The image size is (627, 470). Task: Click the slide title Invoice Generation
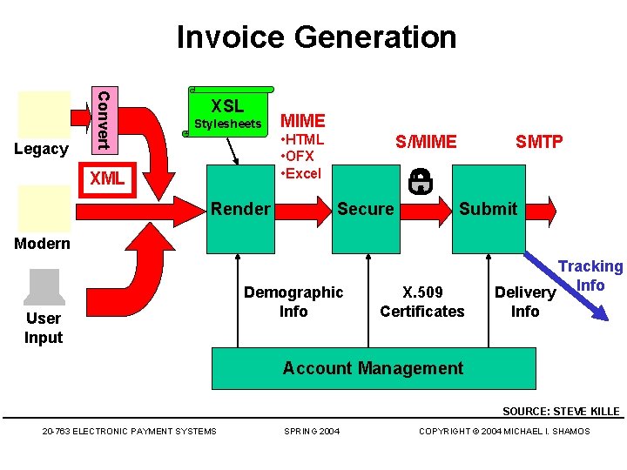[316, 37]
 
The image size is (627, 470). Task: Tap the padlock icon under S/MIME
[421, 180]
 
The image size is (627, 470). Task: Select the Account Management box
[373, 368]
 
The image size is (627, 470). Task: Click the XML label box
[108, 179]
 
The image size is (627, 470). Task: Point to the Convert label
[103, 119]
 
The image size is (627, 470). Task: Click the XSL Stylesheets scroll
[227, 113]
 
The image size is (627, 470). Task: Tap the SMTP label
[539, 142]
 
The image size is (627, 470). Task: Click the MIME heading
[303, 121]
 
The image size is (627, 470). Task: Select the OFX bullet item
[301, 157]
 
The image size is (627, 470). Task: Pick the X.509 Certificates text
[422, 302]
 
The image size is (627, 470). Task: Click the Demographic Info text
[293, 302]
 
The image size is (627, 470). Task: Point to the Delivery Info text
[525, 302]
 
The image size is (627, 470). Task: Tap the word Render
[240, 209]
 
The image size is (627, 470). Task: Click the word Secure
[366, 209]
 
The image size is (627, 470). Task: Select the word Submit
[488, 209]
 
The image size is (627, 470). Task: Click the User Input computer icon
[43, 287]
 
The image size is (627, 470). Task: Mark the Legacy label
[41, 149]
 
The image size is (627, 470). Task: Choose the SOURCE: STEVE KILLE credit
[561, 412]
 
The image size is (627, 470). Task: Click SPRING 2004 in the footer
[313, 431]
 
